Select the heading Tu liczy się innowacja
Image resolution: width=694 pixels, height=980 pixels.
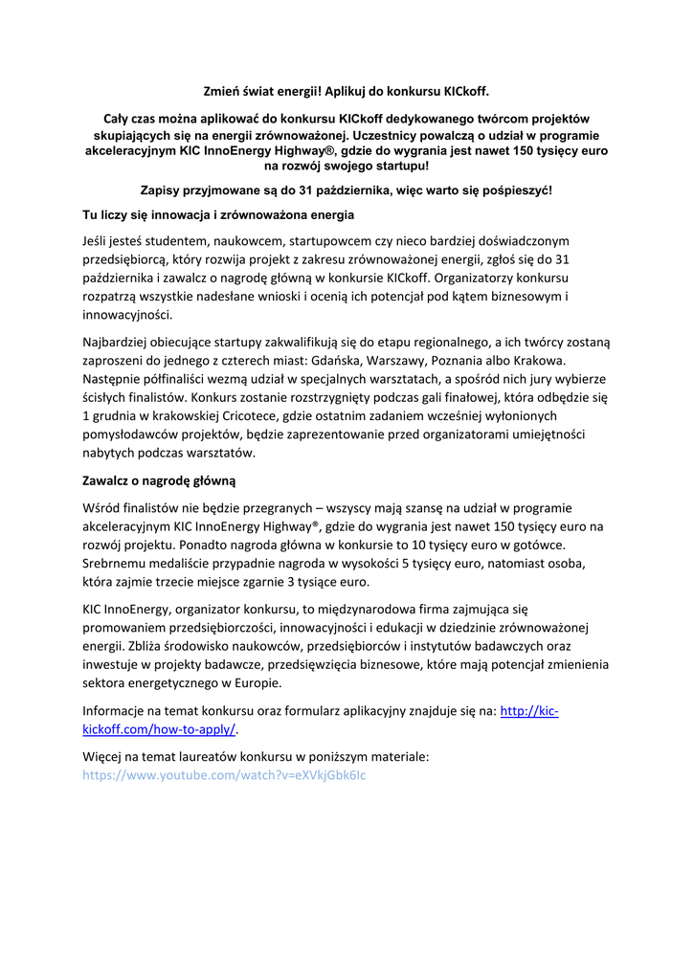(218, 214)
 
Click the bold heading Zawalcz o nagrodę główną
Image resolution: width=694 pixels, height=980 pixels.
(159, 479)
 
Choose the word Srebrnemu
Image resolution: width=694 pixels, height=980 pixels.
(117, 563)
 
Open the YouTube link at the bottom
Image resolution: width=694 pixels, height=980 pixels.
(224, 775)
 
